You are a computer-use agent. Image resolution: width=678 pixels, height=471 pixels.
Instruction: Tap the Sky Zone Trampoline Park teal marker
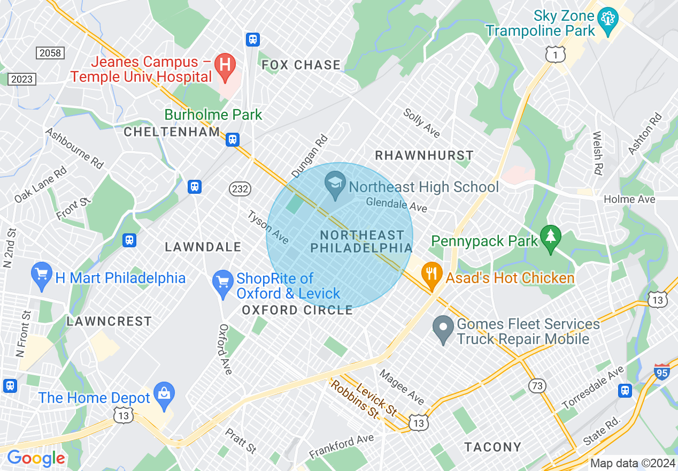click(608, 20)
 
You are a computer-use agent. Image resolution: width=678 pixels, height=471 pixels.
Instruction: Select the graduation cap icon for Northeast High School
click(335, 185)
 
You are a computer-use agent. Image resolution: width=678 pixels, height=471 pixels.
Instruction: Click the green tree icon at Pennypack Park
click(550, 239)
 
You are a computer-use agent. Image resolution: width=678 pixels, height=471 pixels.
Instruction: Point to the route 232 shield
click(239, 188)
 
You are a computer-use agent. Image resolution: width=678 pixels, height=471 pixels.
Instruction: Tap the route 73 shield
click(536, 386)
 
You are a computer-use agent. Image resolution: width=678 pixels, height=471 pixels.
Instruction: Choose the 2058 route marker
click(50, 52)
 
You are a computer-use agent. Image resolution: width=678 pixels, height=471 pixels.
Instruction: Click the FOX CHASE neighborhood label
click(301, 65)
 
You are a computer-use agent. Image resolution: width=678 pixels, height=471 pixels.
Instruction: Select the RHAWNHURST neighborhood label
click(424, 156)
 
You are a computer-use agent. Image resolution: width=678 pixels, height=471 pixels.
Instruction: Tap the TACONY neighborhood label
click(492, 447)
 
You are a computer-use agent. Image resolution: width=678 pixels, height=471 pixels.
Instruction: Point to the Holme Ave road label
click(629, 199)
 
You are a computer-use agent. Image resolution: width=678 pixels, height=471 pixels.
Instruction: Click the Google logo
click(36, 458)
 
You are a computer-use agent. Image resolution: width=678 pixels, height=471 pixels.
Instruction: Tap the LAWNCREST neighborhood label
click(109, 321)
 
